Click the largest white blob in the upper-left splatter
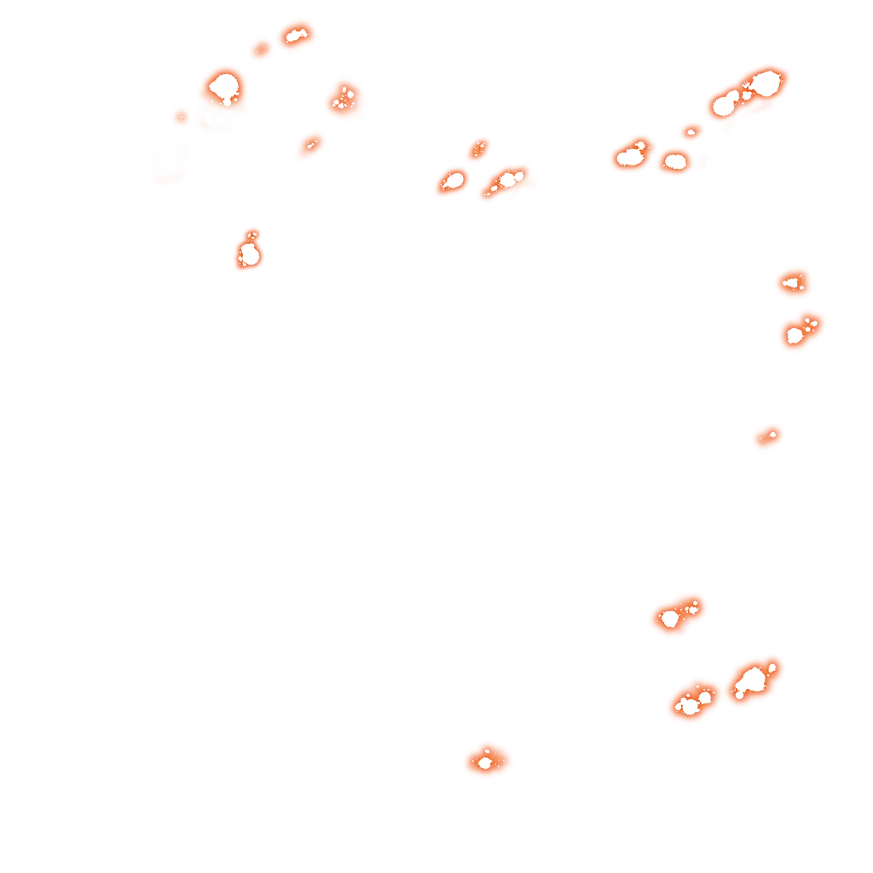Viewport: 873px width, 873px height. point(224,86)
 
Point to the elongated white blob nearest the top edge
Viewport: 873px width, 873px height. point(297,35)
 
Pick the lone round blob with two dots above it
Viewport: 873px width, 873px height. point(249,254)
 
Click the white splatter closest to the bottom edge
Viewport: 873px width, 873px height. point(485,762)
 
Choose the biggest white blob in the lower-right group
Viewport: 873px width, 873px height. point(752,679)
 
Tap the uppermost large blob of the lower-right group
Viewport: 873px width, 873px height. point(670,618)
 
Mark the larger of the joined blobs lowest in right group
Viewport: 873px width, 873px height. point(690,705)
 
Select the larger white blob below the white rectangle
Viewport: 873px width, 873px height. point(795,335)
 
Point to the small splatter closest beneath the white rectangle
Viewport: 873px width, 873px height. point(793,282)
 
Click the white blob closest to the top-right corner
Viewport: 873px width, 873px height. point(765,83)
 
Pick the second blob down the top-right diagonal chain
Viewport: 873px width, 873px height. point(726,104)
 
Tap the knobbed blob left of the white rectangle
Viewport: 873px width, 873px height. point(631,156)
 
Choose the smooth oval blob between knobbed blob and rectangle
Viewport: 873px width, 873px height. point(675,161)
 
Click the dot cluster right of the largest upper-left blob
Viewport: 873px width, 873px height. point(344,99)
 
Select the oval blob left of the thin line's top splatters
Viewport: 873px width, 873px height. point(454,181)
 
